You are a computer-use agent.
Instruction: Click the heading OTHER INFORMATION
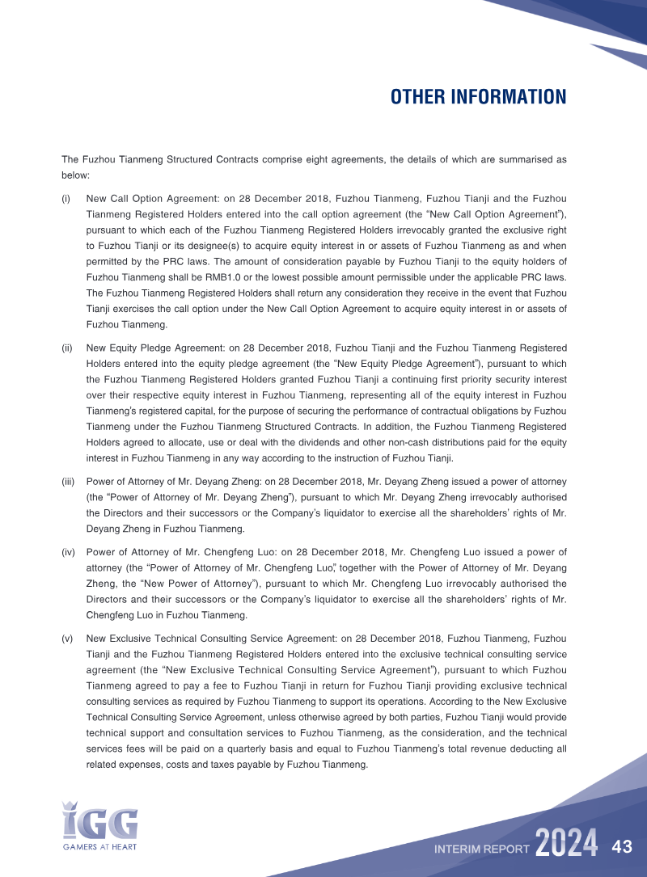click(478, 97)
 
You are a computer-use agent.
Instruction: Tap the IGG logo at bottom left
click(100, 820)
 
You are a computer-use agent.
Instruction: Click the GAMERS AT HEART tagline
click(100, 847)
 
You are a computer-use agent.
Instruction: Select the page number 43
click(622, 847)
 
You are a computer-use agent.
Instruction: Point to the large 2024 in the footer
click(566, 845)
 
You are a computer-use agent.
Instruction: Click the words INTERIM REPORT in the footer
click(481, 850)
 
